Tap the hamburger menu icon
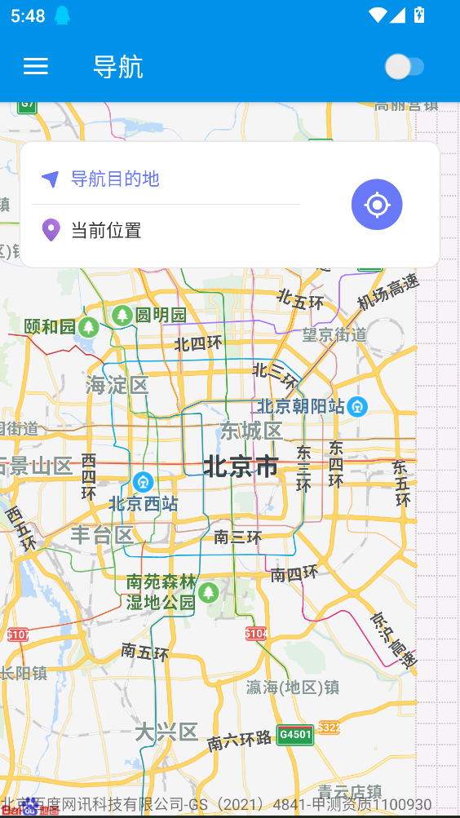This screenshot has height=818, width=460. coord(36,67)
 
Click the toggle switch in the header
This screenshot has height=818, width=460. coord(405,67)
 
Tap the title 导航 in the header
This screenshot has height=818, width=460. coord(118,67)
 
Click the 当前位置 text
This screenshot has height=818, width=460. coord(106,230)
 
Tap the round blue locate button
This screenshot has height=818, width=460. coord(377,205)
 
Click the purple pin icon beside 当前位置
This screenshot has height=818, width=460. coord(51,230)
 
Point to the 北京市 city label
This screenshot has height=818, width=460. coord(241,467)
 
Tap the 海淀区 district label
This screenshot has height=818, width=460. coord(117,385)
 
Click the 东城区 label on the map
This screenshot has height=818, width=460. coord(251,431)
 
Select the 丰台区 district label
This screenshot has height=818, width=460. coord(102,535)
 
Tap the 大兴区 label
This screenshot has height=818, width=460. coord(166,732)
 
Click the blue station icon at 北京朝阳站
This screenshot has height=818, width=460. coord(357,406)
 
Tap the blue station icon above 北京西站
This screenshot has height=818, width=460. coord(144,482)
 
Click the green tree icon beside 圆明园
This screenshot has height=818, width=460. coord(122,315)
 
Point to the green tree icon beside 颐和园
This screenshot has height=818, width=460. coord(89,328)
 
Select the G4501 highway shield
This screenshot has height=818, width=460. coord(295,735)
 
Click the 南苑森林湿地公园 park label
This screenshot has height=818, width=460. coord(161,592)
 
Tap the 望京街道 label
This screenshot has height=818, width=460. coord(334,334)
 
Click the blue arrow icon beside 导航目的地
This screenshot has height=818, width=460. coord(51,179)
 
